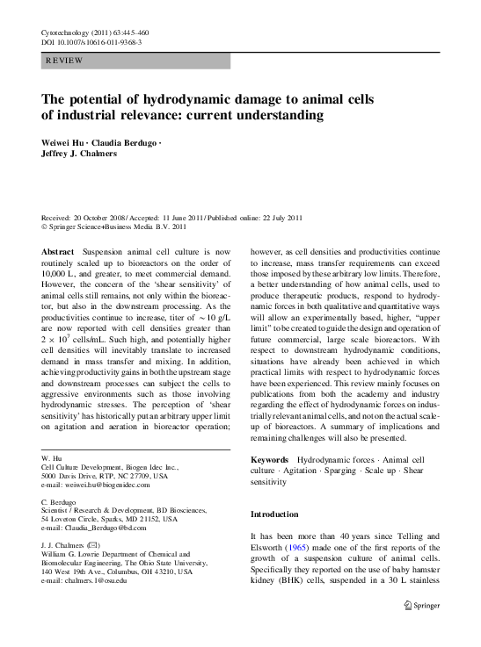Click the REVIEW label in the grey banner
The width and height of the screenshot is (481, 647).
point(66,61)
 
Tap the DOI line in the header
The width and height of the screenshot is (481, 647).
point(91,41)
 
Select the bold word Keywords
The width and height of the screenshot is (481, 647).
point(269,460)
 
